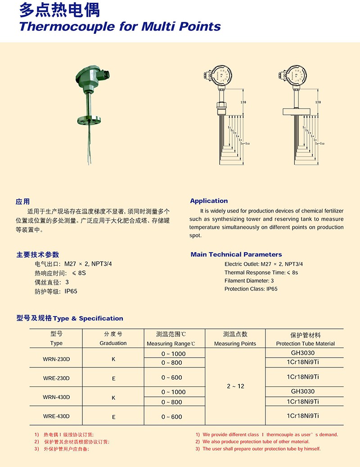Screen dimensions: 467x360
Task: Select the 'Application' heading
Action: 209,201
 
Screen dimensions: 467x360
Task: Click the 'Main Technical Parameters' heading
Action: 236,254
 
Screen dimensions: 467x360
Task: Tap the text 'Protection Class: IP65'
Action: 251,289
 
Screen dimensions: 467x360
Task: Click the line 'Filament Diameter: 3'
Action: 249,281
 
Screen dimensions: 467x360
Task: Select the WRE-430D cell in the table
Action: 56,416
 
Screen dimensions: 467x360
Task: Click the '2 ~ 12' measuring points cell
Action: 235,386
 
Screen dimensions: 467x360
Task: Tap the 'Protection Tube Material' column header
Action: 305,344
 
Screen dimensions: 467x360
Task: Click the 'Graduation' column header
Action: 113,343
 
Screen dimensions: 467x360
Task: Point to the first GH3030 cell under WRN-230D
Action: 303,353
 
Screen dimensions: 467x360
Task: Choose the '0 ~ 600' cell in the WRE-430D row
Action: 172,417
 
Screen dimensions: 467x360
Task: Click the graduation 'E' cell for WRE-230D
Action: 113,379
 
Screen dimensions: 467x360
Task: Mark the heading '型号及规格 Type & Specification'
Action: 70,318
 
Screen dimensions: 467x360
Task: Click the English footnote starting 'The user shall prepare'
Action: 261,449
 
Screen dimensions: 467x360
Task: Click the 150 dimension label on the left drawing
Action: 243,103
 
